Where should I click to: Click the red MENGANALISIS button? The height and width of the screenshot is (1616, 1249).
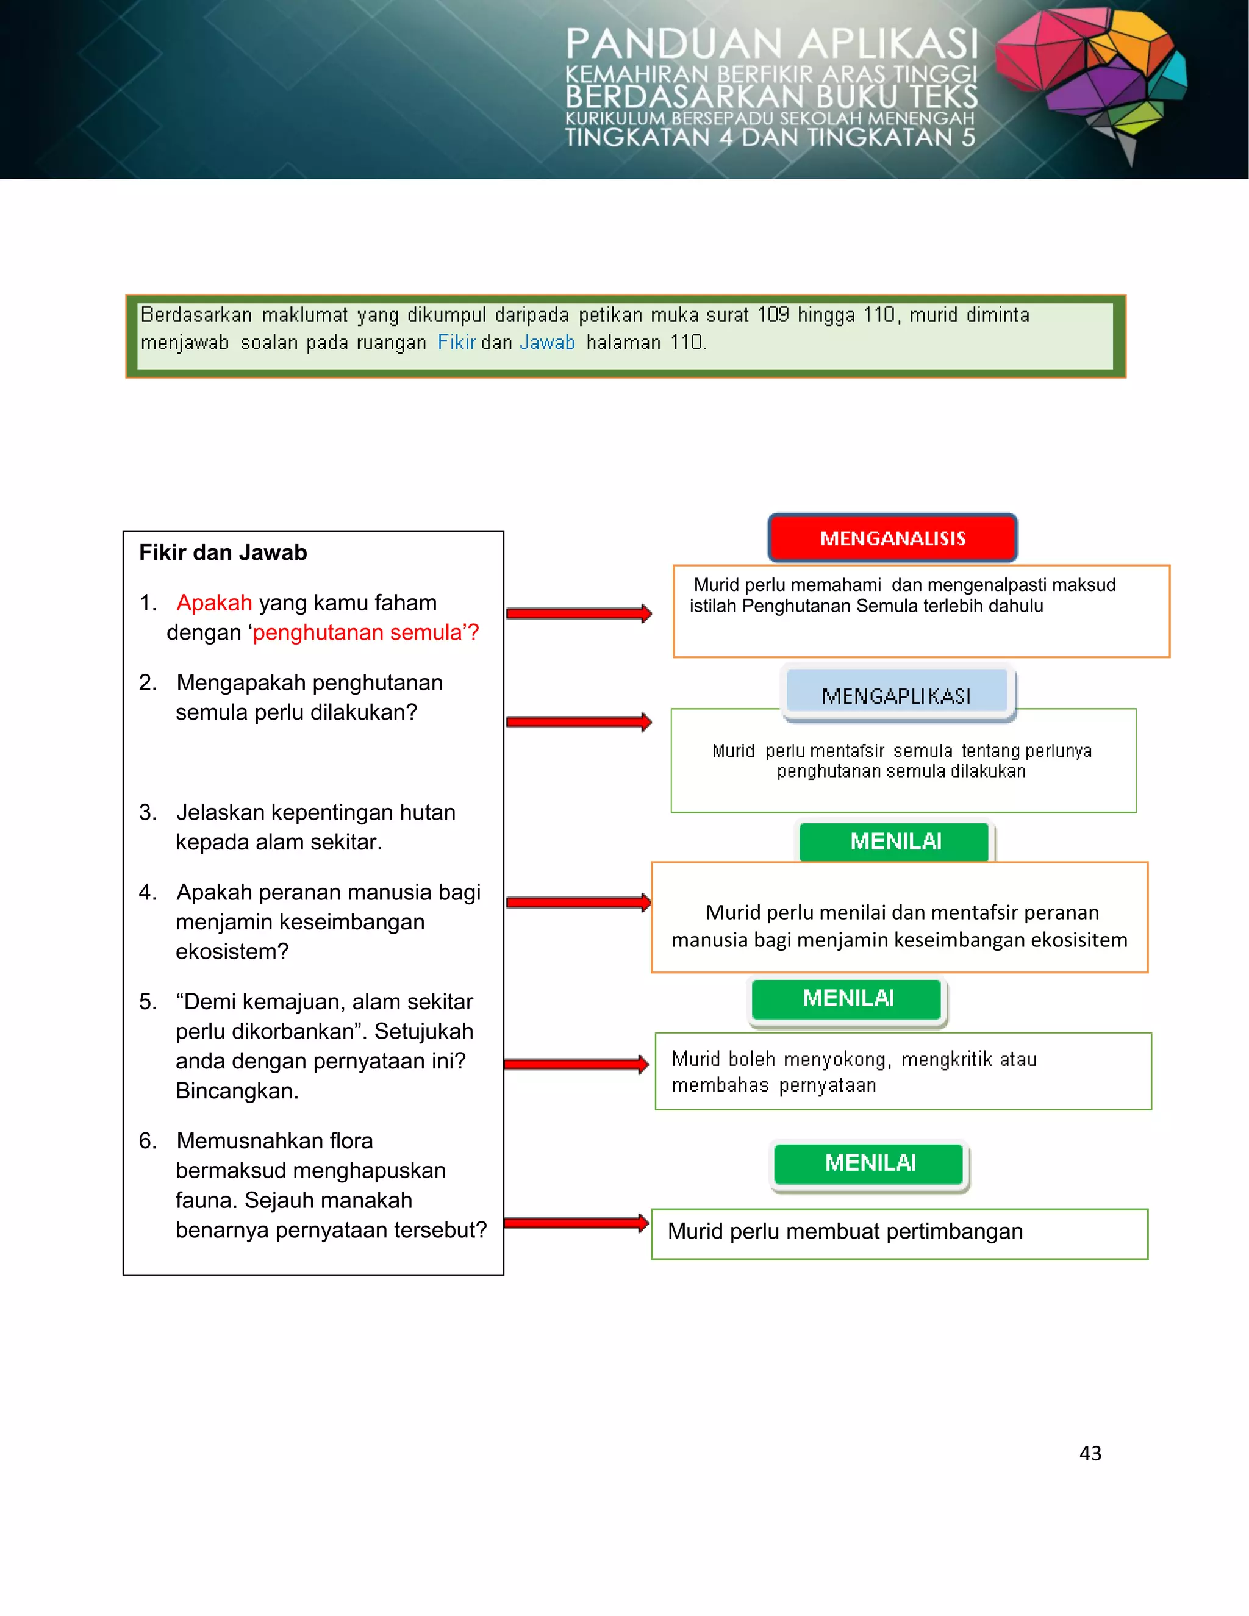(892, 538)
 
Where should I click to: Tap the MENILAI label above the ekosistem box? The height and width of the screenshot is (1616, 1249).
(895, 842)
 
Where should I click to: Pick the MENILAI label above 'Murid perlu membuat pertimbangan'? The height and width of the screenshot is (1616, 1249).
(870, 1162)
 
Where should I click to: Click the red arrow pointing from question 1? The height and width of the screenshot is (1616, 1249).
(578, 613)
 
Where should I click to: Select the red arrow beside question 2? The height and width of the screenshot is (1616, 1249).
(578, 721)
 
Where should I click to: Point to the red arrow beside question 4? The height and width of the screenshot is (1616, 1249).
(578, 902)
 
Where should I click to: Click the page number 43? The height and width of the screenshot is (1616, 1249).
(1090, 1453)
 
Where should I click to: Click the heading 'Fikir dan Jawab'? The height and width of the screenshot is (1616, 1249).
(223, 552)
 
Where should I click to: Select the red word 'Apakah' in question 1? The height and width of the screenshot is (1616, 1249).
(214, 603)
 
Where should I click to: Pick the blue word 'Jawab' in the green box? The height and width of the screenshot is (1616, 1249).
(547, 343)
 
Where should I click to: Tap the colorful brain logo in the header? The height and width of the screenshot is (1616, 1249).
(1092, 77)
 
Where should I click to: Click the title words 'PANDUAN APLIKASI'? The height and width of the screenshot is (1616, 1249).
(771, 45)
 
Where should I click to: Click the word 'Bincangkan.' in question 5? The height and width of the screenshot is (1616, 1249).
(237, 1091)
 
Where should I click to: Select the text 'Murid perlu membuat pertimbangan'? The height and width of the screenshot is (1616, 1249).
(845, 1231)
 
